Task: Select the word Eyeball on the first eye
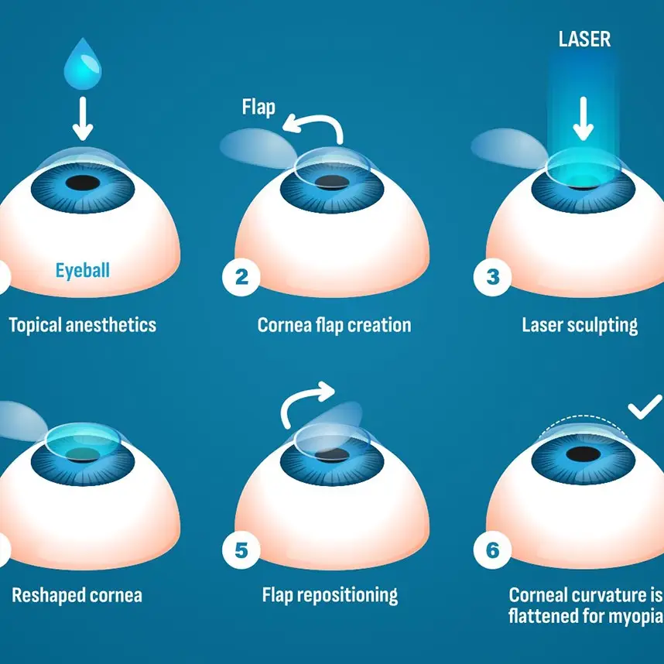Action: [83, 270]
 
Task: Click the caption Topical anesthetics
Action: [83, 323]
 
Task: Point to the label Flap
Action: [258, 107]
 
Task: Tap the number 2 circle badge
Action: [241, 276]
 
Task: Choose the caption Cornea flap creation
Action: [334, 323]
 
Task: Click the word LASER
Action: [584, 39]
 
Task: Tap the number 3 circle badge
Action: [493, 276]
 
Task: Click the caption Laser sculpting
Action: [580, 323]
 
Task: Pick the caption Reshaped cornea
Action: [77, 595]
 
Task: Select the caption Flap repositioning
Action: [330, 595]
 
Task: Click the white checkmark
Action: [644, 408]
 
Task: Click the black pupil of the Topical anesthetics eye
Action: [83, 183]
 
